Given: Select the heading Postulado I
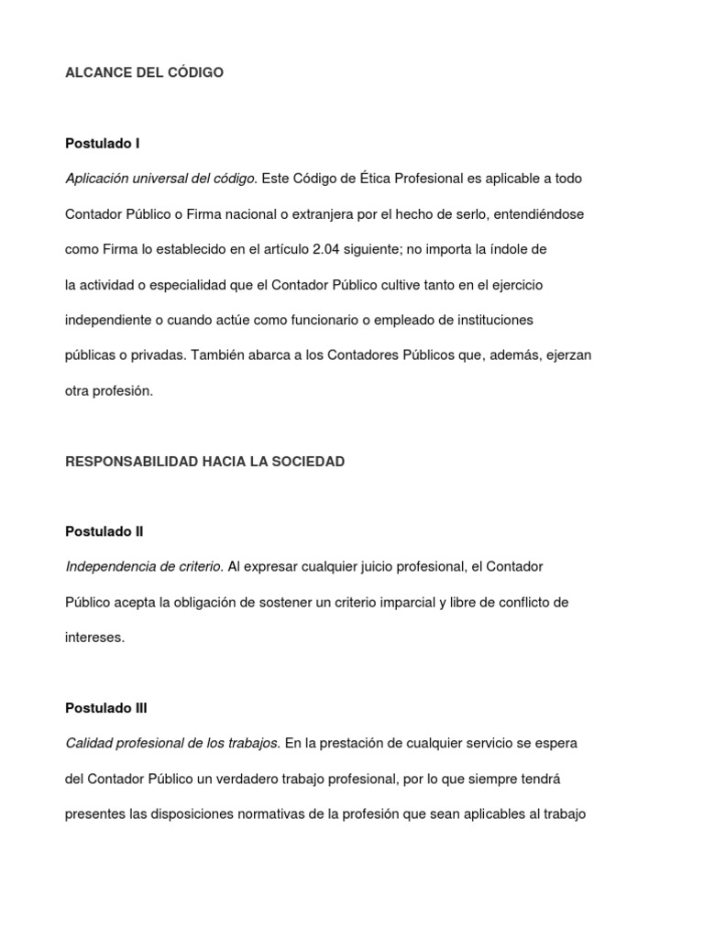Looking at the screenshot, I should click(x=102, y=144).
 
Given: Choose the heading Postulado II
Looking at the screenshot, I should click(x=104, y=531).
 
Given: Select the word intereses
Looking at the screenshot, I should click(x=94, y=638).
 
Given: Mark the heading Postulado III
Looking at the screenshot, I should click(x=105, y=708).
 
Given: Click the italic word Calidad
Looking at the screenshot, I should click(x=87, y=744).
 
